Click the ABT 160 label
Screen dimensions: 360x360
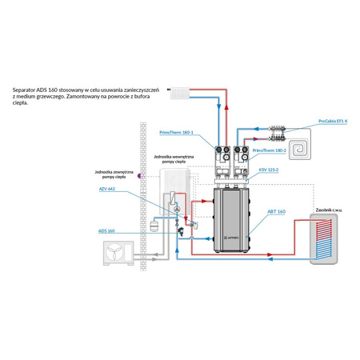click(x=275, y=212)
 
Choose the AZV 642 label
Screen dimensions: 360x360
click(x=106, y=189)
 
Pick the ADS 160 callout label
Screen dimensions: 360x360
click(x=106, y=230)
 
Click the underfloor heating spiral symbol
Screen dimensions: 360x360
click(x=302, y=148)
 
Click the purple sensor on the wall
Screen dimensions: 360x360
click(x=141, y=175)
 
